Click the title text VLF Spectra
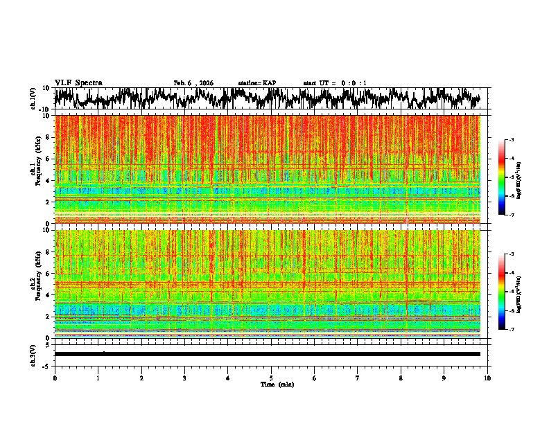click(x=78, y=83)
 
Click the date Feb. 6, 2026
click(x=193, y=83)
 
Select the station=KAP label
click(x=257, y=83)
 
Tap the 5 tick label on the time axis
click(x=271, y=378)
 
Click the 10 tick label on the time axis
click(x=487, y=378)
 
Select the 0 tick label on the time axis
click(x=55, y=378)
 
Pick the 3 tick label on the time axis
click(x=184, y=378)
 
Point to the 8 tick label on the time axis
click(x=401, y=378)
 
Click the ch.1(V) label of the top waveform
click(x=33, y=98)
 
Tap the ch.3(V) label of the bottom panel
click(x=33, y=354)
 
